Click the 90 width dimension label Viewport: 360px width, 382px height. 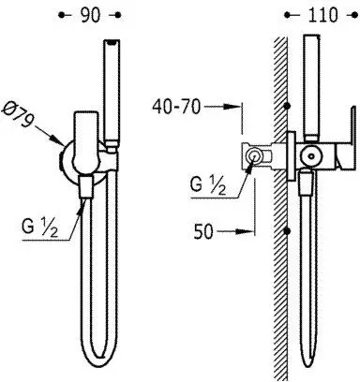91,15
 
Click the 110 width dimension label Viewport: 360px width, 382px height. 322,15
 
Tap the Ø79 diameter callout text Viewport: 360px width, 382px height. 18,114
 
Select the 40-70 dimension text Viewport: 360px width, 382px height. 176,108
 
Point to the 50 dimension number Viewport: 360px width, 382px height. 203,232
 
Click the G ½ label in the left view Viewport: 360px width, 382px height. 39,228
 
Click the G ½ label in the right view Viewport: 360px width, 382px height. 208,186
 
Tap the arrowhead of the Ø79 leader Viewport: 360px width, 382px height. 58,140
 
